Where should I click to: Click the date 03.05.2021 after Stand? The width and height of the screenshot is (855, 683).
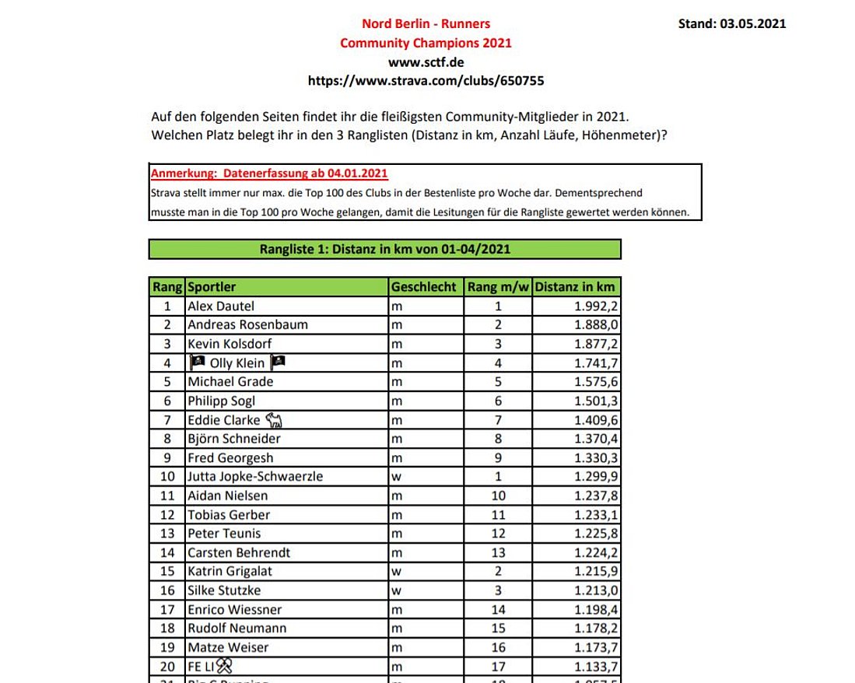(752, 23)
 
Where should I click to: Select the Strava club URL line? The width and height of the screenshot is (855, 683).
(426, 80)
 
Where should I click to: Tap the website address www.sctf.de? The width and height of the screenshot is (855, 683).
(426, 61)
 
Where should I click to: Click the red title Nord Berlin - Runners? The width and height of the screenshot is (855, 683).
(426, 24)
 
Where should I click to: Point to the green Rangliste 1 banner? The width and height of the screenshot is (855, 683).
(384, 249)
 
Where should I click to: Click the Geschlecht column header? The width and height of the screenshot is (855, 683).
(423, 287)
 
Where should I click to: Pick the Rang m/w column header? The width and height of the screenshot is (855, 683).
(498, 287)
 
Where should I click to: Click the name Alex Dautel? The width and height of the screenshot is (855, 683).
(221, 306)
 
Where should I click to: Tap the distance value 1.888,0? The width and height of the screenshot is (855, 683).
(597, 324)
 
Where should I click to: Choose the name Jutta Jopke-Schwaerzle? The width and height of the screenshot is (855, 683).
(255, 476)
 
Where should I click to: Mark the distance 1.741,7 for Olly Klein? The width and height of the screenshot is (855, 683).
(597, 363)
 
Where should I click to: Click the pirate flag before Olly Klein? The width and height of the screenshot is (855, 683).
(198, 363)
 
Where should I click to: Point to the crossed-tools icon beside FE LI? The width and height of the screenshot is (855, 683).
(225, 665)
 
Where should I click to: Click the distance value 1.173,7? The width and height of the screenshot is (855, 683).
(597, 647)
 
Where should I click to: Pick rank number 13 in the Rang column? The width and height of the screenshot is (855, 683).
(167, 534)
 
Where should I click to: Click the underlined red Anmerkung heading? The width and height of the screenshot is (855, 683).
(269, 173)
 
